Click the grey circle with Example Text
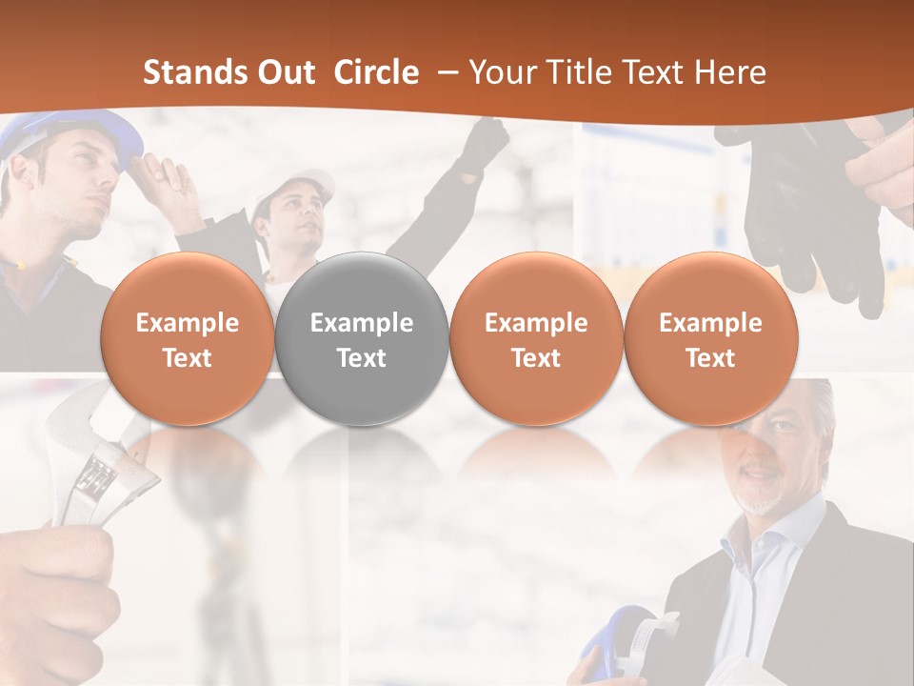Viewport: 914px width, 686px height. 361,339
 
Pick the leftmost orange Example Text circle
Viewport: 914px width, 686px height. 187,339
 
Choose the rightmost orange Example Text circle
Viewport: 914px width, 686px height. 710,339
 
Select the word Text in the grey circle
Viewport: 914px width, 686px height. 361,358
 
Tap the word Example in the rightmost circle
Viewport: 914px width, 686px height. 710,323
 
